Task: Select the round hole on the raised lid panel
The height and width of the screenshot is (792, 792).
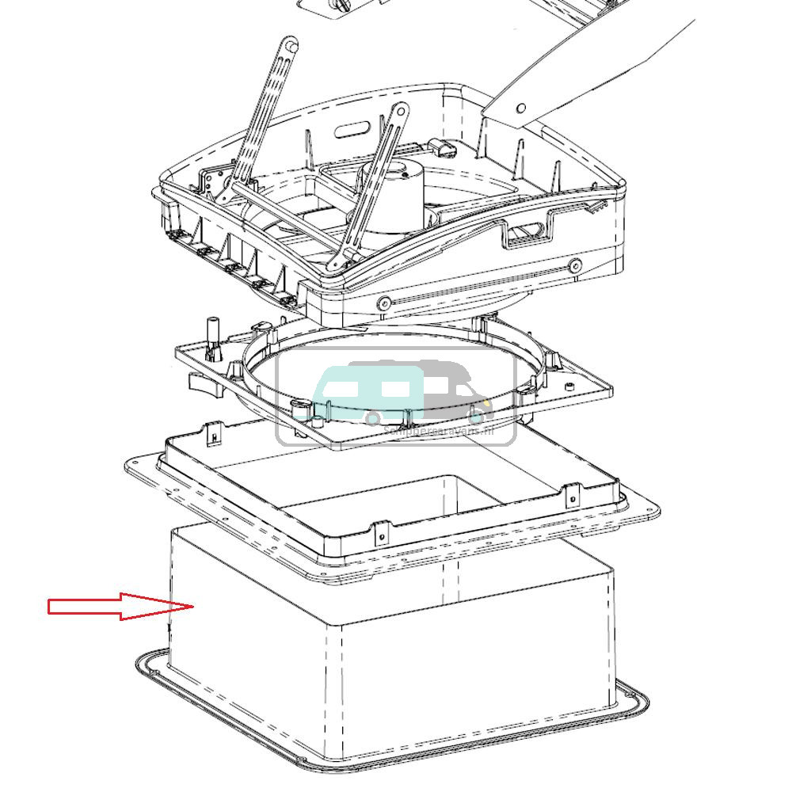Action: click(521, 109)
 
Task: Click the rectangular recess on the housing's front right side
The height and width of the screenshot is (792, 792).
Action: click(527, 232)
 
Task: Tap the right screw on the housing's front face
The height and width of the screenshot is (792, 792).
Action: click(576, 265)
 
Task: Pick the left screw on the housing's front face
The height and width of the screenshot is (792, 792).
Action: click(384, 303)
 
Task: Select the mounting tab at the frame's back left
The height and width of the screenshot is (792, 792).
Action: click(214, 433)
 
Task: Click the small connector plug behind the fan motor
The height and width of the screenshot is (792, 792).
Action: click(440, 149)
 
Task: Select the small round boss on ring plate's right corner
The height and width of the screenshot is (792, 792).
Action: click(568, 386)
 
